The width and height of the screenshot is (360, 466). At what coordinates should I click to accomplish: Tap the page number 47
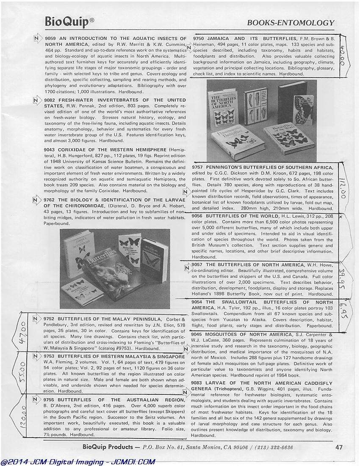pyautogui.click(x=339, y=447)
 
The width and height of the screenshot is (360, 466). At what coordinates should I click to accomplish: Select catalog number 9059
pyautogui.click(x=50, y=39)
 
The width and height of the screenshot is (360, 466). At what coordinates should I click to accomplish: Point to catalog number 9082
pyautogui.click(x=50, y=100)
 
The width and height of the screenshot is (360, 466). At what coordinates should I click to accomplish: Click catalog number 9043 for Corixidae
pyautogui.click(x=50, y=150)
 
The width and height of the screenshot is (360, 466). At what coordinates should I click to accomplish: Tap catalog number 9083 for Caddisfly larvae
pyautogui.click(x=198, y=383)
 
